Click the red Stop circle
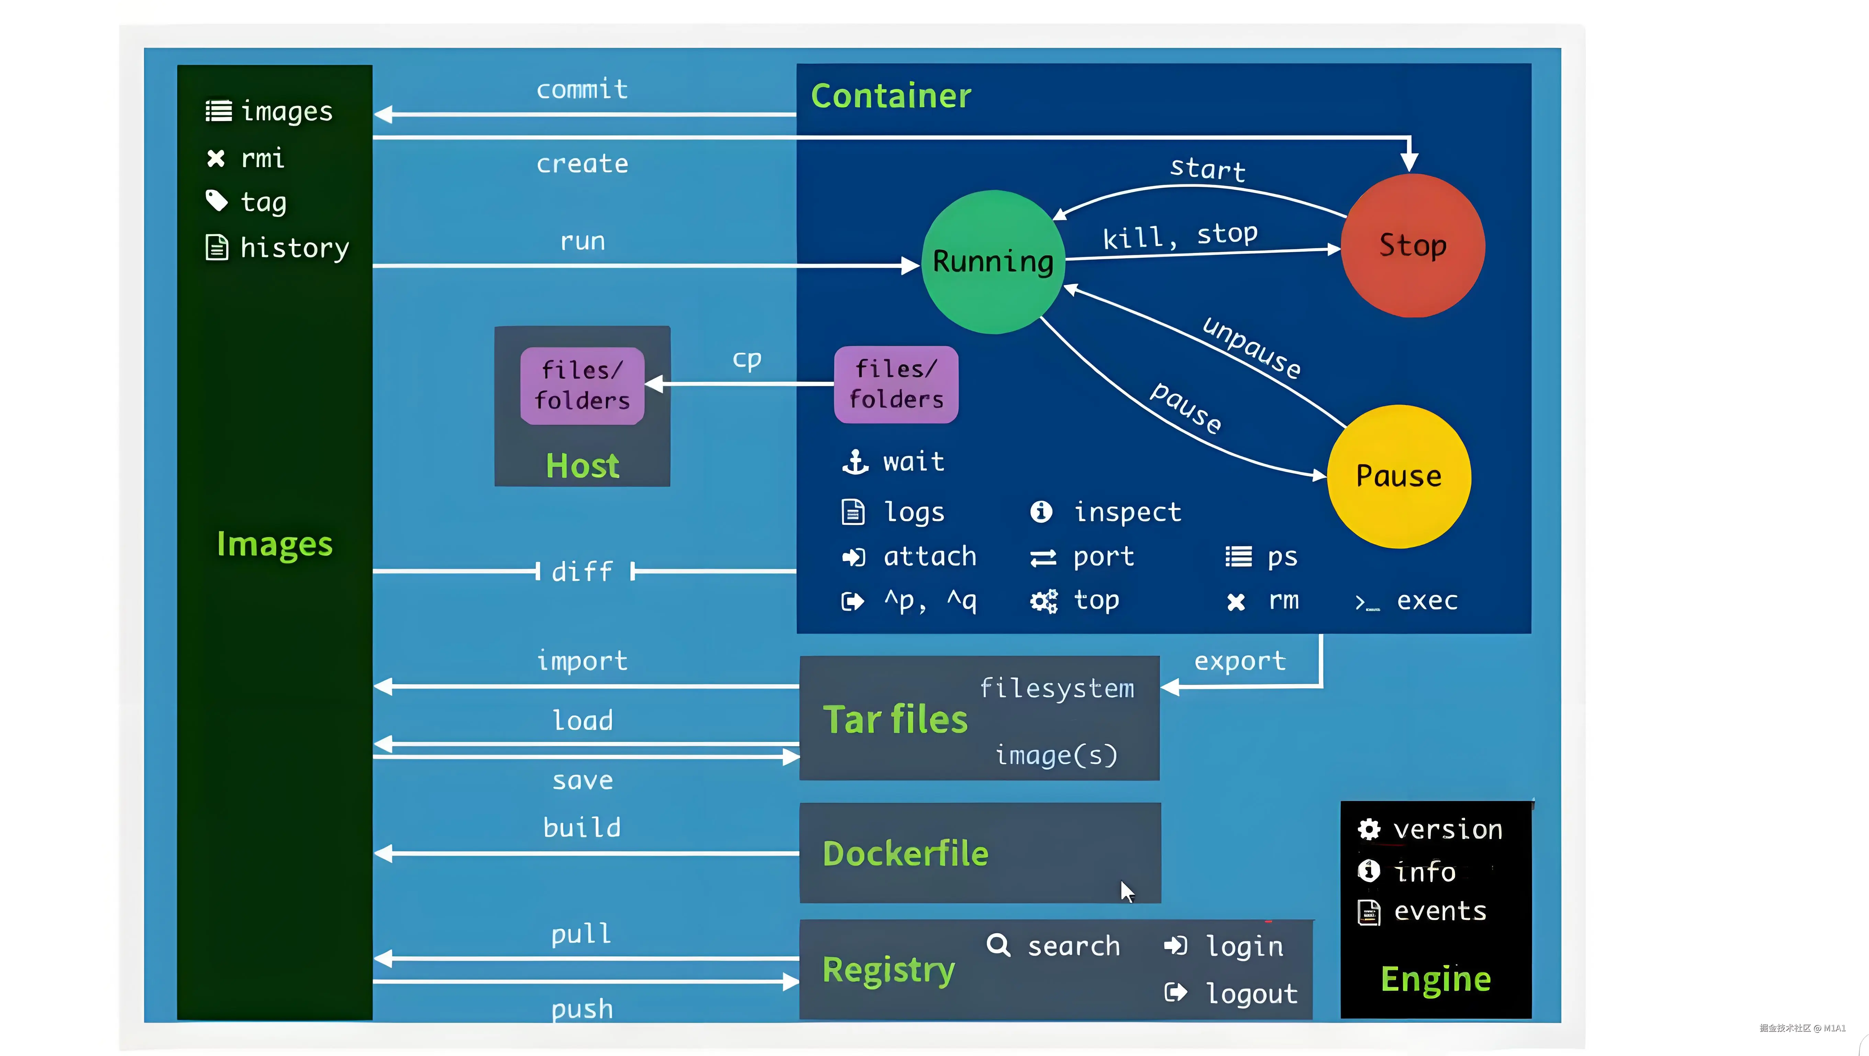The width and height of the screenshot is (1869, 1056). tap(1413, 245)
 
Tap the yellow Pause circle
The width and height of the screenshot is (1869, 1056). tap(1399, 476)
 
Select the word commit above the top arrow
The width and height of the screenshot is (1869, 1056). tap(582, 89)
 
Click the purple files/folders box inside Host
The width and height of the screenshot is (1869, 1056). tap(582, 385)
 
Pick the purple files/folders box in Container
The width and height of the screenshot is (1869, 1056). tap(896, 384)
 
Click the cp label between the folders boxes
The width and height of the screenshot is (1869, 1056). tap(747, 359)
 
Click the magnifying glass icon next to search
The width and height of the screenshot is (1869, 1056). tap(998, 945)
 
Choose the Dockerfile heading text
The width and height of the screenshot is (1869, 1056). tap(906, 854)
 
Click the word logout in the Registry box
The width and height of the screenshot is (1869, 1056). tap(1252, 993)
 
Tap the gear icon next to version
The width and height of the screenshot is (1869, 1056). tap(1369, 829)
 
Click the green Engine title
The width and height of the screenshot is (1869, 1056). tap(1436, 980)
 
